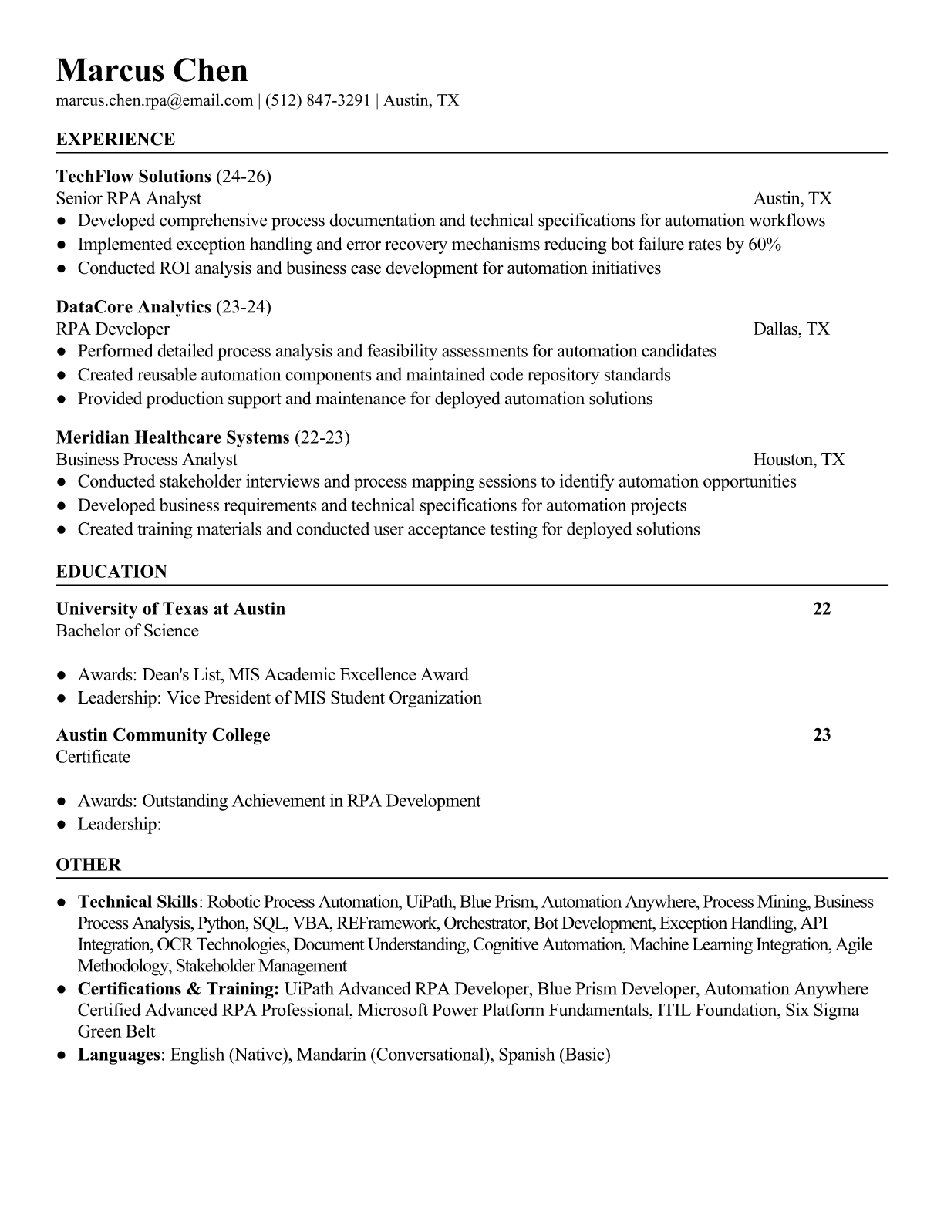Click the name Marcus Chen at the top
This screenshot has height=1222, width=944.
[x=152, y=71]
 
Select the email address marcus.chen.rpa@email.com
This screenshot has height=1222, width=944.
[x=154, y=100]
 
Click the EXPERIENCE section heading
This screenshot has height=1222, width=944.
[x=116, y=140]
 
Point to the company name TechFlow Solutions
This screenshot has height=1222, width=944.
[x=133, y=177]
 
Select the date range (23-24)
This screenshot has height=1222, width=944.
[x=244, y=307]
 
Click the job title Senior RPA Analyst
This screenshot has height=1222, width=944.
[x=128, y=198]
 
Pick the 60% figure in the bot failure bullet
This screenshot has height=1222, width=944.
[x=764, y=245]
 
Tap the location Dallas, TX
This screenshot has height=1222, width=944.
[x=791, y=329]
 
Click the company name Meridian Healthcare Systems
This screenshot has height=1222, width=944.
[x=173, y=437]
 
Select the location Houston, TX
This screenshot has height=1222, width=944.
[x=798, y=460]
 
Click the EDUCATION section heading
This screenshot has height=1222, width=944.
[x=111, y=572]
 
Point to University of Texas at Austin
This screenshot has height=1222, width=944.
[x=170, y=609]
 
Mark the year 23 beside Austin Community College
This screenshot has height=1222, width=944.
[x=821, y=734]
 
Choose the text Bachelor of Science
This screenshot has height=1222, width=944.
[x=127, y=631]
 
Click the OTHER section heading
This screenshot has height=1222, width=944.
[x=89, y=865]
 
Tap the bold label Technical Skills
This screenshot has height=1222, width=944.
[x=138, y=902]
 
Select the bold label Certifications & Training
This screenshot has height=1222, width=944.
[x=178, y=989]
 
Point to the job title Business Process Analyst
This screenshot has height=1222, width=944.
[x=147, y=460]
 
